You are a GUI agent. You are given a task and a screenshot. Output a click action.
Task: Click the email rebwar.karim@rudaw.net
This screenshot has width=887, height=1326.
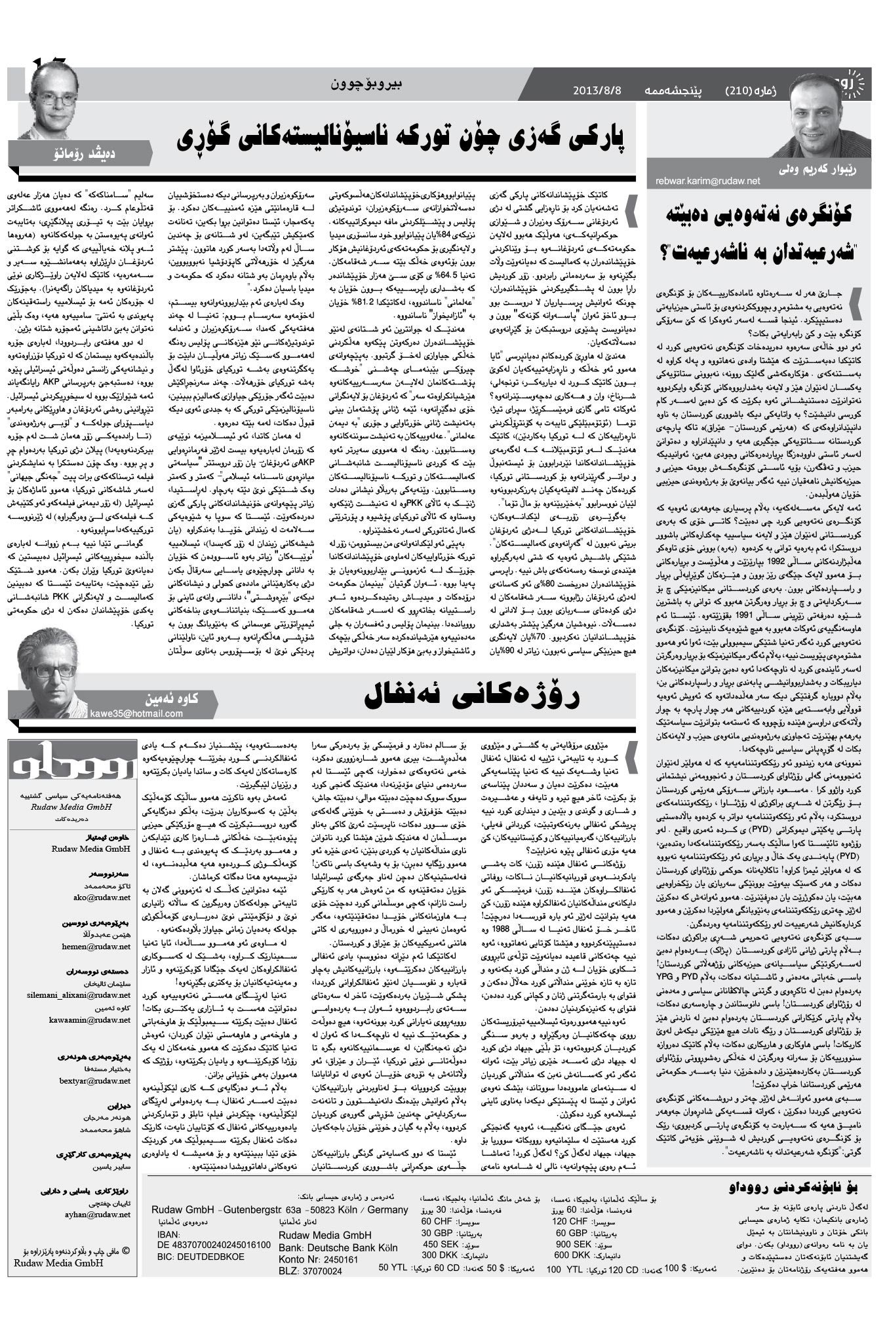coord(707,181)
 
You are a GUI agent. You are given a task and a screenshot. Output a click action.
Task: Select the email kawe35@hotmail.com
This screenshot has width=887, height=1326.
coord(136,713)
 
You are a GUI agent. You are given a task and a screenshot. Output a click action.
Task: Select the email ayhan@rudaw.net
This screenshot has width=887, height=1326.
coord(104,1214)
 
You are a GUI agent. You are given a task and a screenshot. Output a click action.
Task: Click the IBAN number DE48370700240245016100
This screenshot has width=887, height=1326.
coord(214,1245)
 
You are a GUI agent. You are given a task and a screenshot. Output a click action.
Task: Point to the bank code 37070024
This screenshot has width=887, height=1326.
coord(319,1271)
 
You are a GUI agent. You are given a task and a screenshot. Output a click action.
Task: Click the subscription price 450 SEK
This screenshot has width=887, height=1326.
coord(440,1244)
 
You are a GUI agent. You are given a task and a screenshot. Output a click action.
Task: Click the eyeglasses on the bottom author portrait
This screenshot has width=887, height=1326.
coord(51,671)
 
